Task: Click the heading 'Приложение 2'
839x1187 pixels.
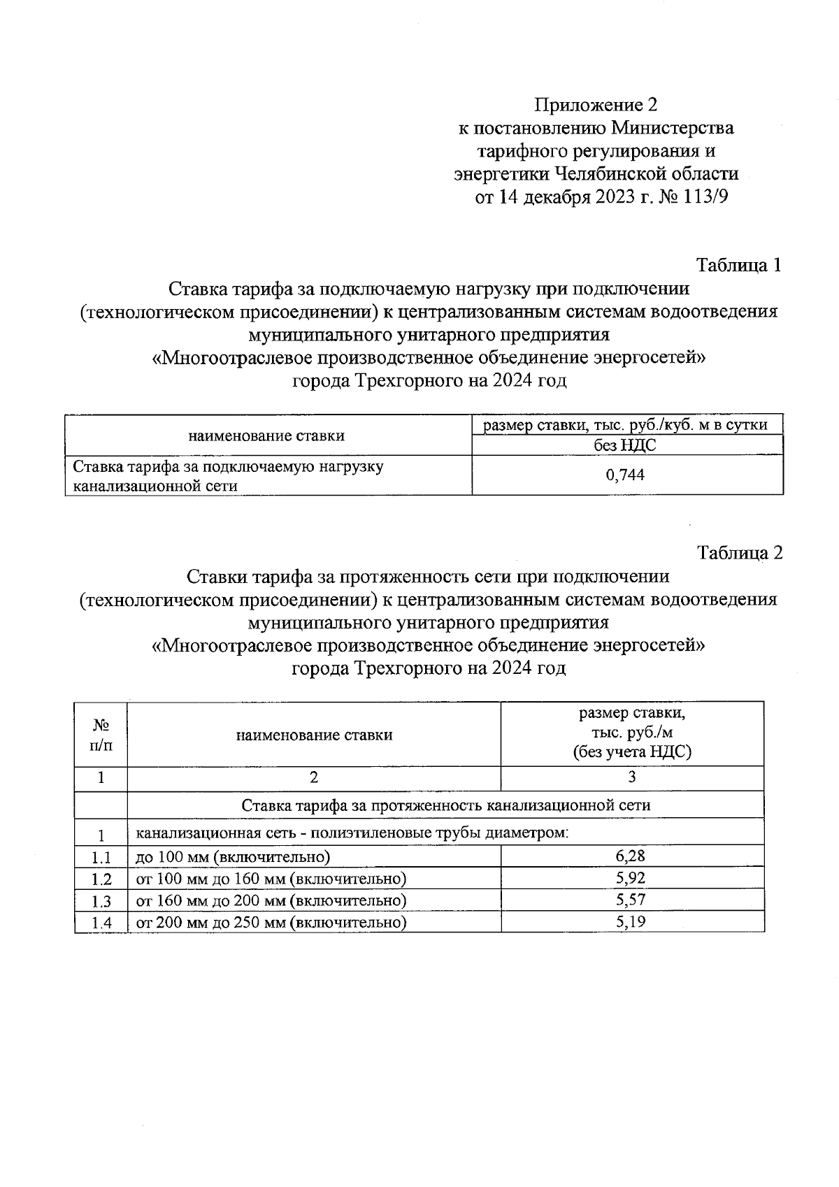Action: pyautogui.click(x=596, y=105)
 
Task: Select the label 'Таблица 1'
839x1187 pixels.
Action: pyautogui.click(x=738, y=266)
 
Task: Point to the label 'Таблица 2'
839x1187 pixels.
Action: pyautogui.click(x=740, y=553)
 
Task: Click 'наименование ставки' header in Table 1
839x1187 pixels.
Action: pyautogui.click(x=266, y=436)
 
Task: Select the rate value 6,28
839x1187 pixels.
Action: pyautogui.click(x=631, y=856)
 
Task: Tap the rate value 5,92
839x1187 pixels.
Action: pyautogui.click(x=631, y=878)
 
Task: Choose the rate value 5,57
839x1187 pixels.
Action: pyautogui.click(x=631, y=900)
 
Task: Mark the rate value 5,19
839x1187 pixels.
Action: pyautogui.click(x=631, y=921)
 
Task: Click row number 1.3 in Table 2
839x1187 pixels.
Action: pyautogui.click(x=101, y=901)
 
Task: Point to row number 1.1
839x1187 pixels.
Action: pyautogui.click(x=101, y=858)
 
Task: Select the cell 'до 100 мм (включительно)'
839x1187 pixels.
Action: pyautogui.click(x=232, y=857)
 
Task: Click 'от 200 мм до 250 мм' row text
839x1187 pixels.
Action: pyautogui.click(x=271, y=922)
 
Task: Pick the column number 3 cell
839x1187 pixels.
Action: pyautogui.click(x=632, y=777)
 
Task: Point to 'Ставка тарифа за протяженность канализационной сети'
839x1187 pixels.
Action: pyautogui.click(x=445, y=805)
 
